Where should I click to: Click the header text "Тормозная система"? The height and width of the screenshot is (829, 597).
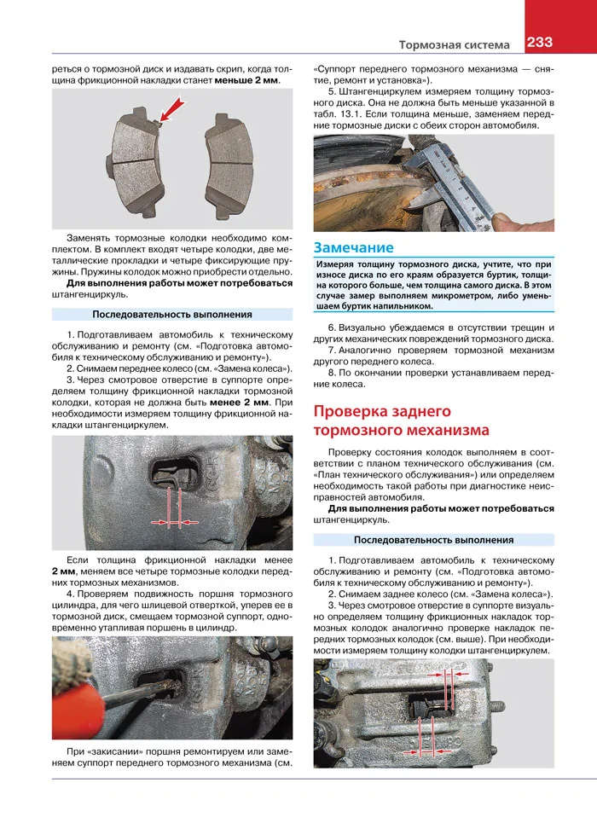tap(455, 44)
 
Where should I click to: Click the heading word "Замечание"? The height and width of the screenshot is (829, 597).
tap(353, 247)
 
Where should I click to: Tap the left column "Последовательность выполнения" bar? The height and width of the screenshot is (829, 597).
tap(172, 314)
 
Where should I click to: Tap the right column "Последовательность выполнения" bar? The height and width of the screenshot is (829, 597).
tap(433, 539)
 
